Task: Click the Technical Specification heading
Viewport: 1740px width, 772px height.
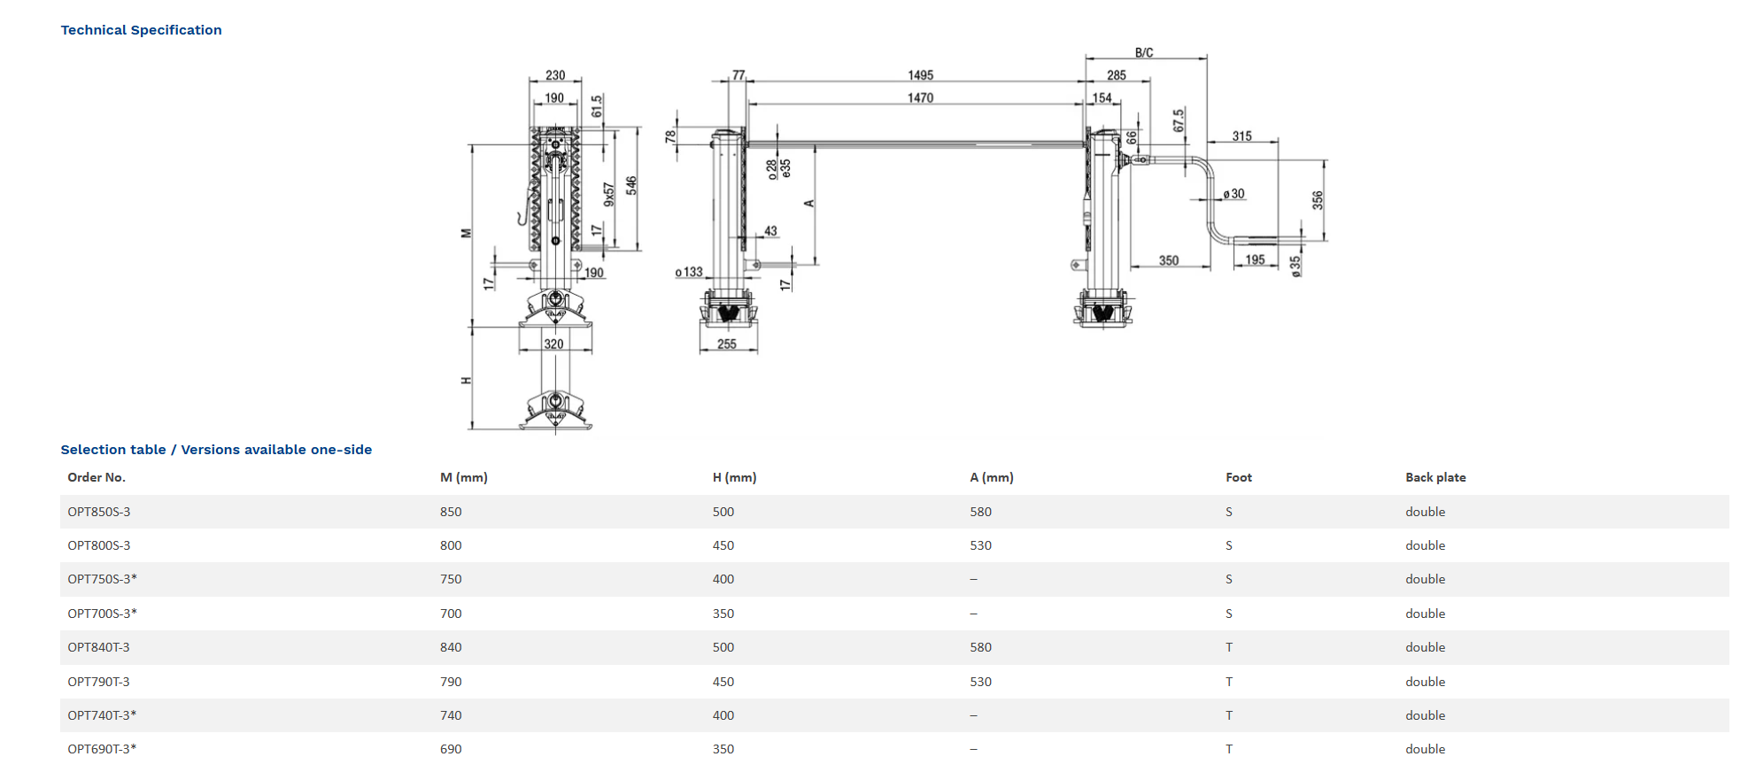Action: [x=141, y=30]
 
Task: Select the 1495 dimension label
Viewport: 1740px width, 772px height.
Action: [x=920, y=75]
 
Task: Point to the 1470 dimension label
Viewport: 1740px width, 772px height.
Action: [x=920, y=98]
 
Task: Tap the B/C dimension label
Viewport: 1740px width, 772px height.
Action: [x=1144, y=53]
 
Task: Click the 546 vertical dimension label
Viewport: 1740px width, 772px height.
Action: [x=631, y=185]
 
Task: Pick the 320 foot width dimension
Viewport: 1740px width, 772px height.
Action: [x=553, y=344]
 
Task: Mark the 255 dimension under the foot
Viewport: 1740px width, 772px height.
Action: [x=727, y=344]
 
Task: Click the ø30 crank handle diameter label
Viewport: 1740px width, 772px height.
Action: [x=1233, y=194]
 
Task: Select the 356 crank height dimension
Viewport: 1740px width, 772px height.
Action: [x=1318, y=200]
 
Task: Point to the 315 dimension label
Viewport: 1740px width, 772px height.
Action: [x=1241, y=136]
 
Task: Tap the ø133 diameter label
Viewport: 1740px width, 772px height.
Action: [x=689, y=272]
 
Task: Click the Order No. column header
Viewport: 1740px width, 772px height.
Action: [x=97, y=477]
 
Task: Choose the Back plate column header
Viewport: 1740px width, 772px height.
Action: [x=1435, y=477]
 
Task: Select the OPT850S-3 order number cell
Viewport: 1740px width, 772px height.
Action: [x=99, y=512]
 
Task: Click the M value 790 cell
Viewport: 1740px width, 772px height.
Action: [x=451, y=682]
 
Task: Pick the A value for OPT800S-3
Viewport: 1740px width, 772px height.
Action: [x=980, y=545]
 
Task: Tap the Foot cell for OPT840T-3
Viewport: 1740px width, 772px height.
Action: [x=1229, y=647]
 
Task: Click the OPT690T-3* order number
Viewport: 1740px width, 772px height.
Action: [x=102, y=749]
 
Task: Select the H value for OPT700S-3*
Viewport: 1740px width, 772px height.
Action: [x=723, y=614]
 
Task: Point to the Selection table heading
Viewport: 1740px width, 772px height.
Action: [x=216, y=450]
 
